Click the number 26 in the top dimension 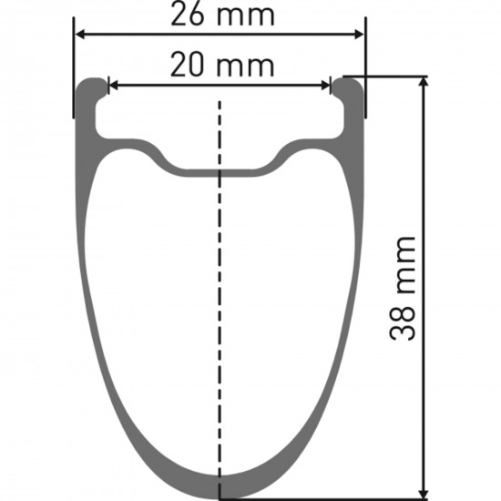click(187, 14)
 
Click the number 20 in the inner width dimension click(187, 65)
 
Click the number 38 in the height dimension click(403, 323)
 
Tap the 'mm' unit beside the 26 click(245, 16)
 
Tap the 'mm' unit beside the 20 click(245, 67)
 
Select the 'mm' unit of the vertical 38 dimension click(405, 265)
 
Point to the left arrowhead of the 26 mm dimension click(80, 35)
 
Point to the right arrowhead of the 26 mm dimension click(359, 35)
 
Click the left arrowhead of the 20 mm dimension click(114, 86)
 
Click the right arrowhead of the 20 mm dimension click(325, 86)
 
